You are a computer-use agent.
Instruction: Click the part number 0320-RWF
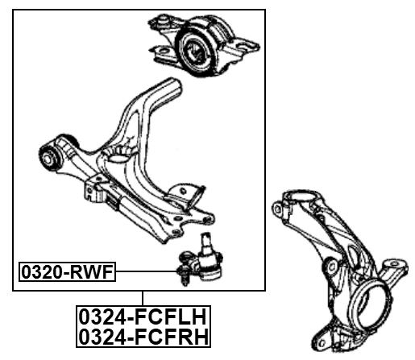pyautogui.click(x=68, y=274)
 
